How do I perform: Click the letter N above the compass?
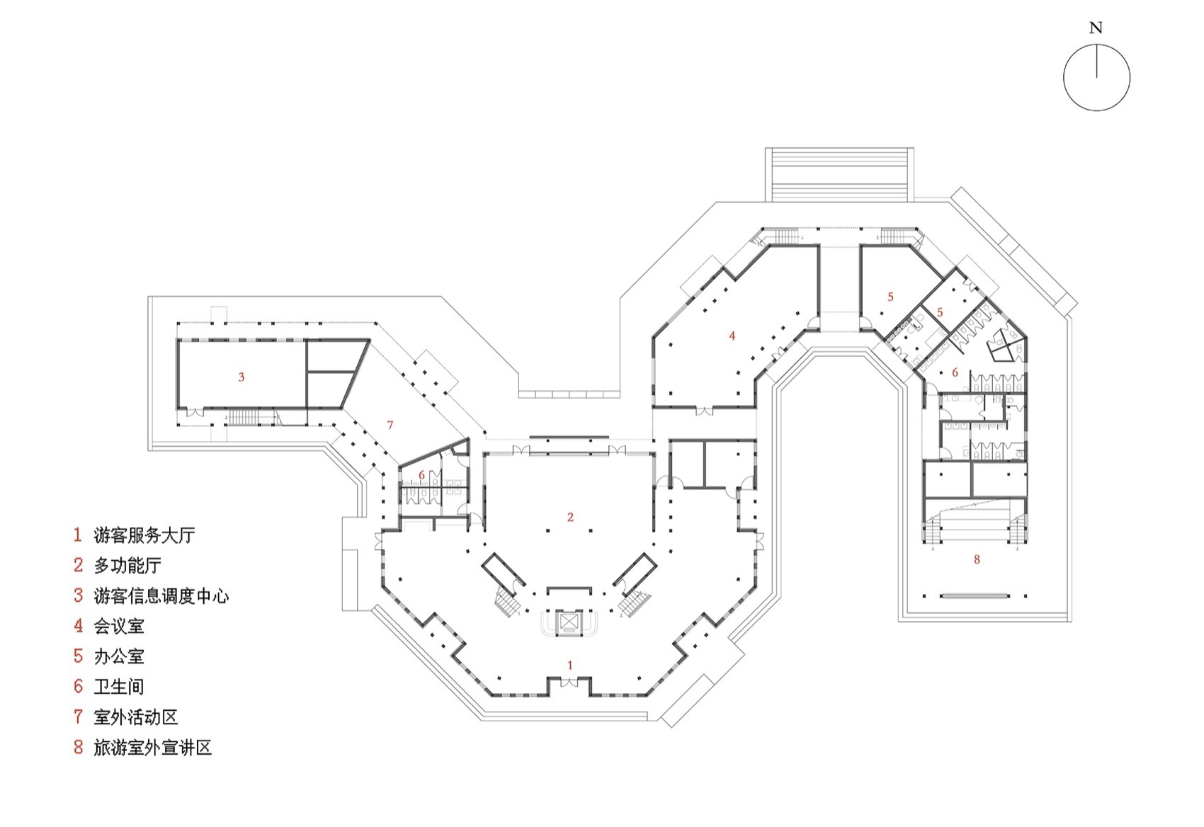point(1096,28)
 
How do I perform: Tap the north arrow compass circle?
point(1096,78)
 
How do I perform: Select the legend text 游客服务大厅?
point(144,535)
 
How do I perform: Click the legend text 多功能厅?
point(127,566)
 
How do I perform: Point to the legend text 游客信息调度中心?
point(161,596)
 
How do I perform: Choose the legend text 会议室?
point(119,626)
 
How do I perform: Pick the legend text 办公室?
point(119,656)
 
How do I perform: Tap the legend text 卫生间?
point(119,687)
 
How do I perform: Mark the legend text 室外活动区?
point(136,717)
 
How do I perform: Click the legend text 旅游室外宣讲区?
point(153,748)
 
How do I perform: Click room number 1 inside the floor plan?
point(570,666)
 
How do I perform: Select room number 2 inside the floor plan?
point(570,518)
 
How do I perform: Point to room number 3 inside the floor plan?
point(241,377)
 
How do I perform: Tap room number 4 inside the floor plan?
point(732,336)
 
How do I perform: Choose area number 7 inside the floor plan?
point(390,426)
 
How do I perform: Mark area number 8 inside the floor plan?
point(977,559)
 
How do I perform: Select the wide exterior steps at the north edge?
point(839,174)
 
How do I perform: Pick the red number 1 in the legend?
point(78,535)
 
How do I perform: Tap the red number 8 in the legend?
point(78,748)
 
